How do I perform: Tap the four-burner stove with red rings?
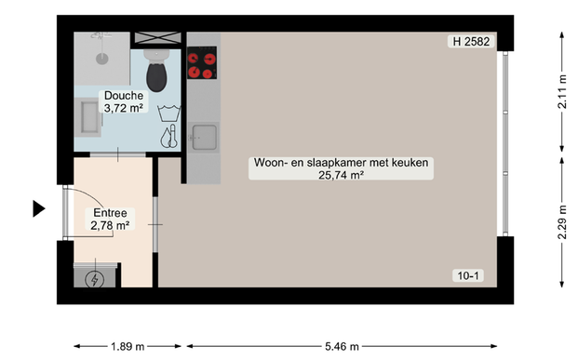tap(202, 61)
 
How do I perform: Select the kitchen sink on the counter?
tap(203, 138)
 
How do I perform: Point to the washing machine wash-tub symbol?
tap(168, 114)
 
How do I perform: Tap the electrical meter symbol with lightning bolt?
tap(95, 278)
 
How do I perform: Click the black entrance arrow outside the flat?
tap(38, 209)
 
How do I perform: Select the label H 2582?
tap(471, 42)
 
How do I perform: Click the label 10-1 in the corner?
tap(467, 275)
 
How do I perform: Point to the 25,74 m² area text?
tap(340, 174)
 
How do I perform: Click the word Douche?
tap(123, 96)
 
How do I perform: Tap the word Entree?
tap(109, 213)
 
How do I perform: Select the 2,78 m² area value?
tap(109, 225)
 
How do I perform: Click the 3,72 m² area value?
tap(123, 108)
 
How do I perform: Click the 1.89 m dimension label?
tap(127, 347)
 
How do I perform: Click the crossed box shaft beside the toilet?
tap(157, 38)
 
